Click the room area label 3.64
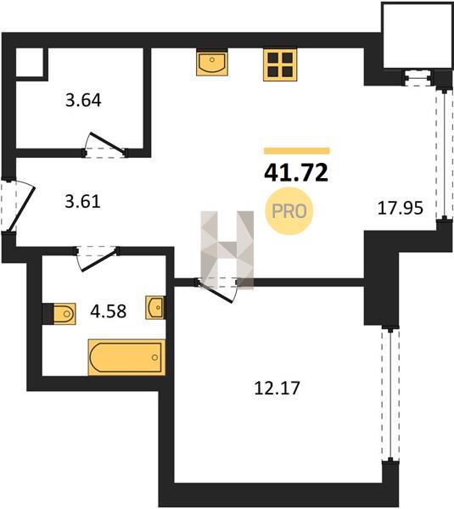coord(83,100)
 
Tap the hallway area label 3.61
coord(83,201)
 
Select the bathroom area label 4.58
coord(108,311)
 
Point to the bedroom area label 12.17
coord(277,388)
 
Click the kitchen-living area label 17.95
coord(400,208)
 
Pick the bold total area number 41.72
coord(296,172)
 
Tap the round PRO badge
coord(289,211)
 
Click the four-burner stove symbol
coord(280,64)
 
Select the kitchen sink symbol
coord(212,62)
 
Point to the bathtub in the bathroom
coord(126,357)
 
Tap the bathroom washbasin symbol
coord(155,307)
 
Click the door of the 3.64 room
coord(107,143)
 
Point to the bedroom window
coord(390,394)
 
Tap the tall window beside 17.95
coord(445,154)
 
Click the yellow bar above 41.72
coord(297,151)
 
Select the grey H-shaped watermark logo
coord(227,250)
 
